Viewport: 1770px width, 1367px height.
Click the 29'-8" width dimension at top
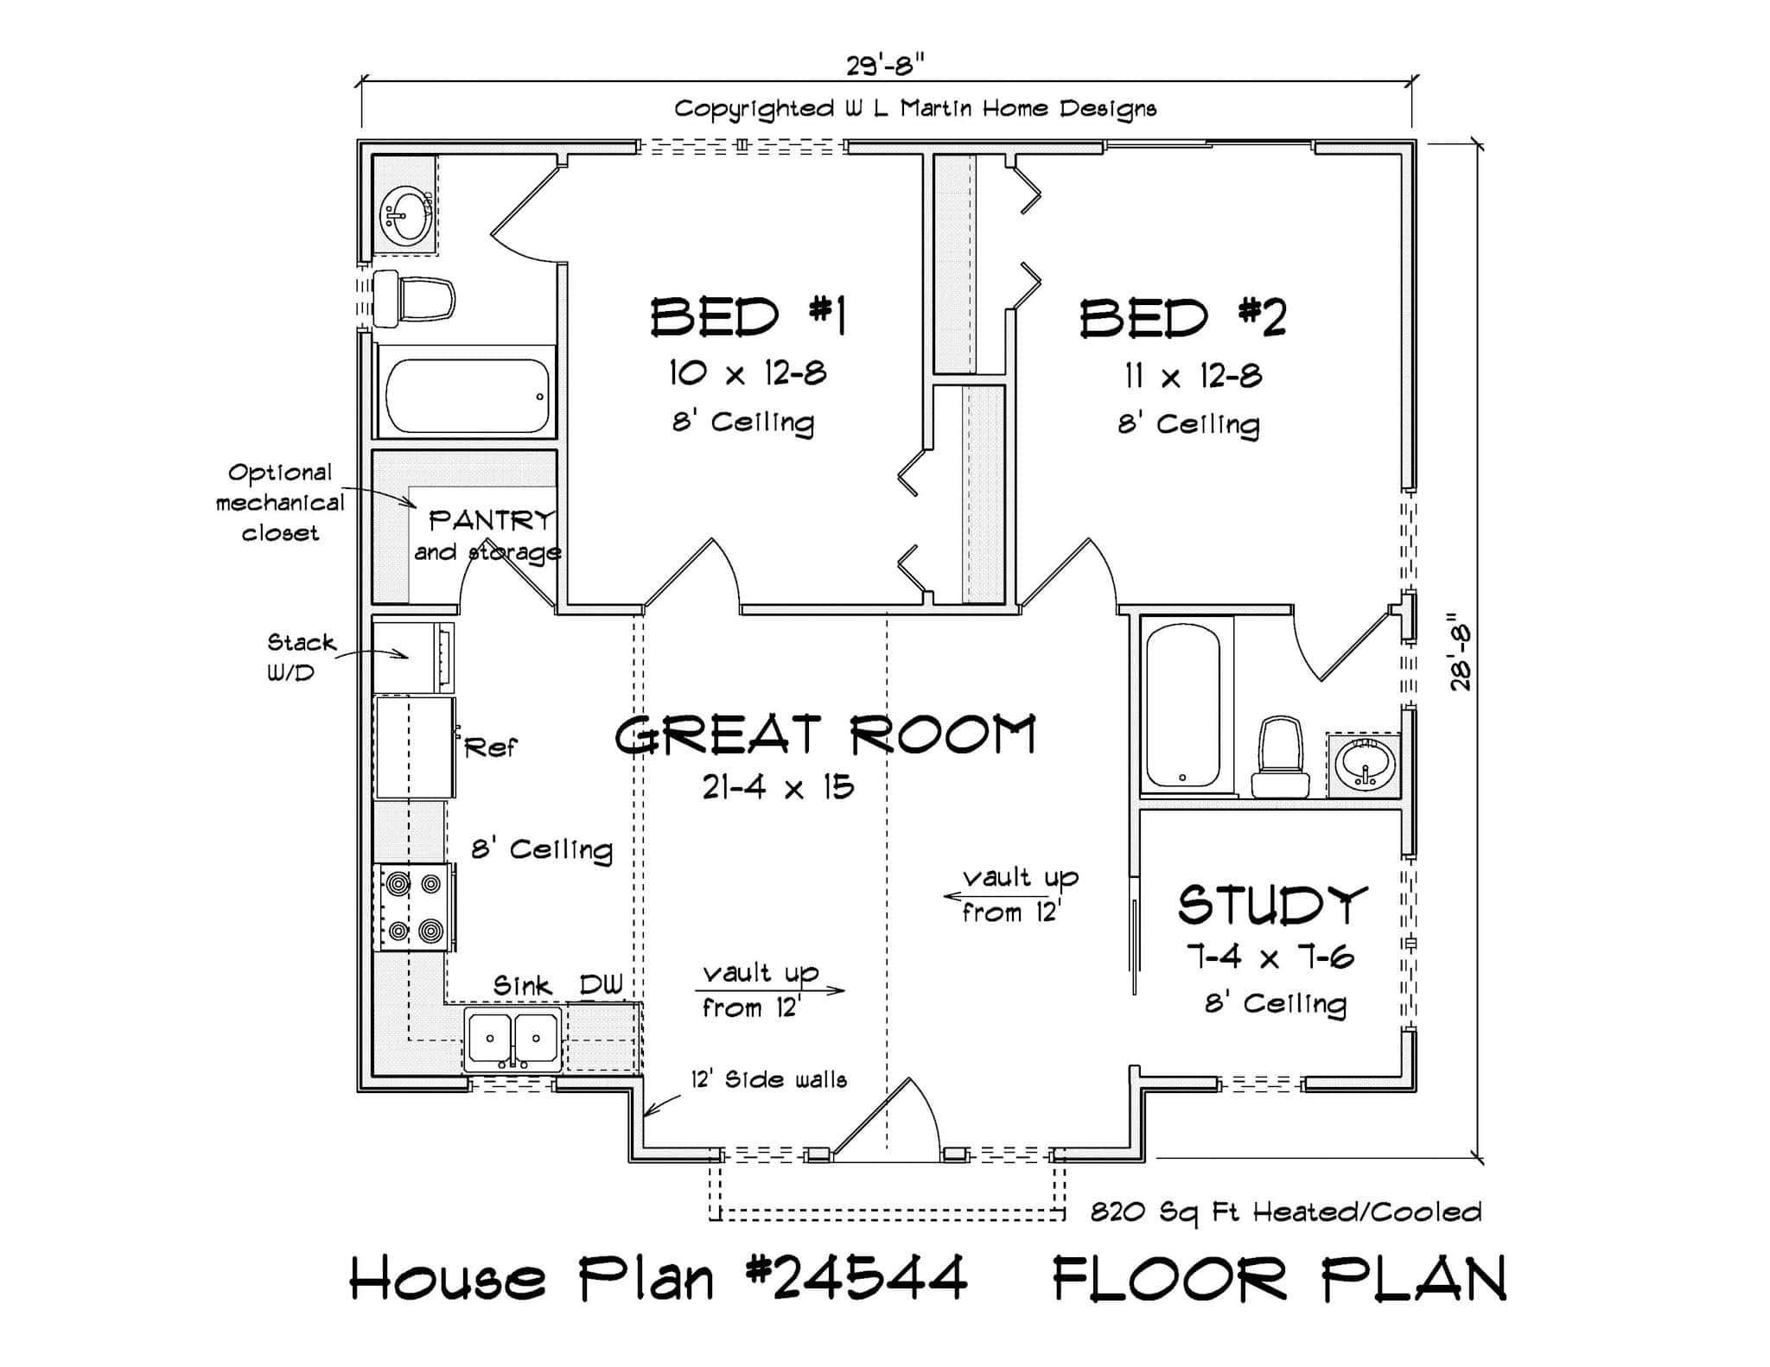pyautogui.click(x=886, y=64)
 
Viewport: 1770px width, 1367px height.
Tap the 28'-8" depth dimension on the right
pyautogui.click(x=1461, y=652)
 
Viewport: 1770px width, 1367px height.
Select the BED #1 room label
pyautogui.click(x=748, y=317)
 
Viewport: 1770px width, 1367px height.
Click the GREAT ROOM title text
pyautogui.click(x=825, y=736)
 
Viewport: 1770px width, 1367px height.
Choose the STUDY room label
pyautogui.click(x=1271, y=906)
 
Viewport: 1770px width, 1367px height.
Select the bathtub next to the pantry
pyautogui.click(x=467, y=396)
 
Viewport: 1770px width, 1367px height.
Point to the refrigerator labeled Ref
pyautogui.click(x=415, y=747)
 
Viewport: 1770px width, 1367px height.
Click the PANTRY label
pyautogui.click(x=490, y=520)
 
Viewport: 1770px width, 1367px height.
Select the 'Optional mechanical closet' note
pyautogui.click(x=279, y=502)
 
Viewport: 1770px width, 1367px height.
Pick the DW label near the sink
pyautogui.click(x=601, y=985)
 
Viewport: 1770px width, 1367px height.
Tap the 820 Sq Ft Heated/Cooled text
pyautogui.click(x=1285, y=1212)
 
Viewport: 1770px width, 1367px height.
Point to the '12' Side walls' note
pyautogui.click(x=767, y=1079)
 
